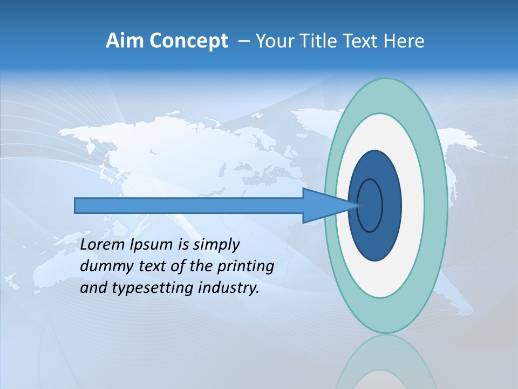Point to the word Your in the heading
[273, 41]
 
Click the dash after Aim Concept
[243, 42]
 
